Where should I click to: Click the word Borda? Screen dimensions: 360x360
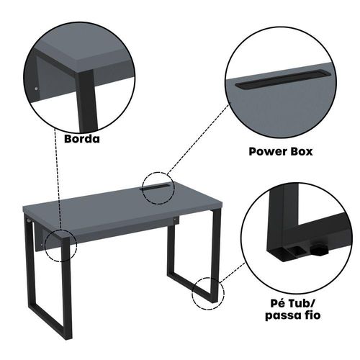(82, 139)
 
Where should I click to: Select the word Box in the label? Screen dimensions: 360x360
(302, 152)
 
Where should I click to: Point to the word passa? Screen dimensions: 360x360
(282, 315)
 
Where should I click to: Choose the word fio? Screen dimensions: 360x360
(311, 315)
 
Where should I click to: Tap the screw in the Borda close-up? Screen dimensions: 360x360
(36, 89)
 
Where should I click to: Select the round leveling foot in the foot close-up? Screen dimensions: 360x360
(319, 250)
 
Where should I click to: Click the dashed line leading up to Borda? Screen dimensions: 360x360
(58, 178)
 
